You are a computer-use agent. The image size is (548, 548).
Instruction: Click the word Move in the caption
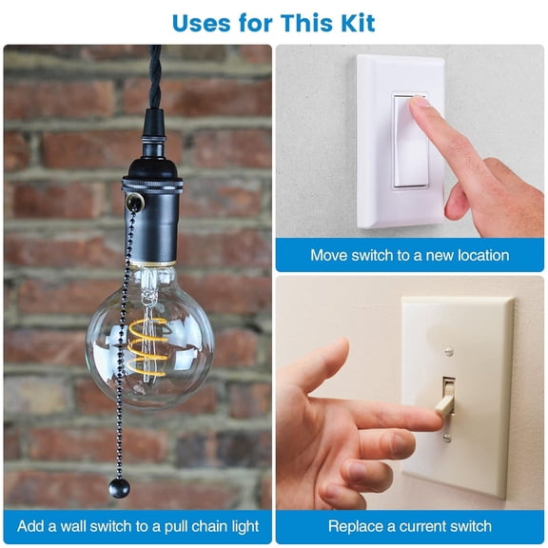pos(331,255)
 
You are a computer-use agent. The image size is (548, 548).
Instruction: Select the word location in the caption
pos(477,255)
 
